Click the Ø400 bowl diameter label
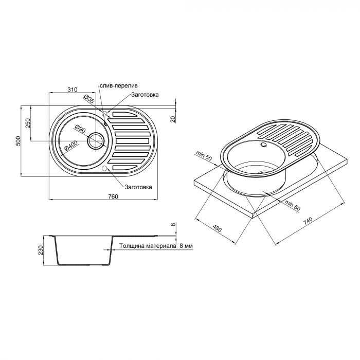[70, 148]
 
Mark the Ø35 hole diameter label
[88, 100]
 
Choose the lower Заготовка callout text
[137, 187]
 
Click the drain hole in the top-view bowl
[96, 140]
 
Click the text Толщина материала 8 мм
[156, 246]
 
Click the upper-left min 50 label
[205, 154]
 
